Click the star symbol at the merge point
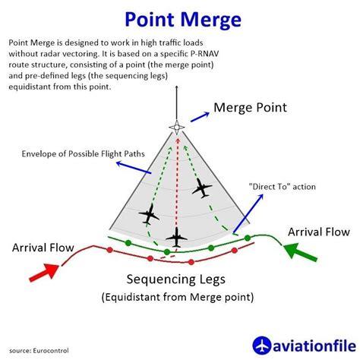click(x=176, y=126)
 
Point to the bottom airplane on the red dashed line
click(x=177, y=238)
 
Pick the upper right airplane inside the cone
click(x=203, y=188)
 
